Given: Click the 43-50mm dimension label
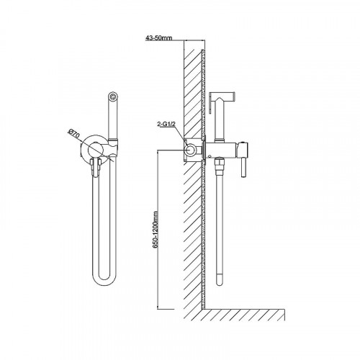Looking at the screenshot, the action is pos(158,38).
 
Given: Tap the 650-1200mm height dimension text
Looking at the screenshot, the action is pos(156,230).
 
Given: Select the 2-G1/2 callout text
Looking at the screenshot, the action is pos(166,125).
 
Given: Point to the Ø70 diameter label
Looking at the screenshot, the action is pos(74,134).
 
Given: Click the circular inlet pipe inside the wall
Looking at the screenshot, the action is pos(191,150).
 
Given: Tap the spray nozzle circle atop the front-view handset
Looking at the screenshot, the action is pos(112,96).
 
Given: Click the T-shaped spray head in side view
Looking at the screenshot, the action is pos(222,96).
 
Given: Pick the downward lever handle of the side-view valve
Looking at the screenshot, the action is pos(243,167).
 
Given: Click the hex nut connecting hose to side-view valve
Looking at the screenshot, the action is pos(219,165).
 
